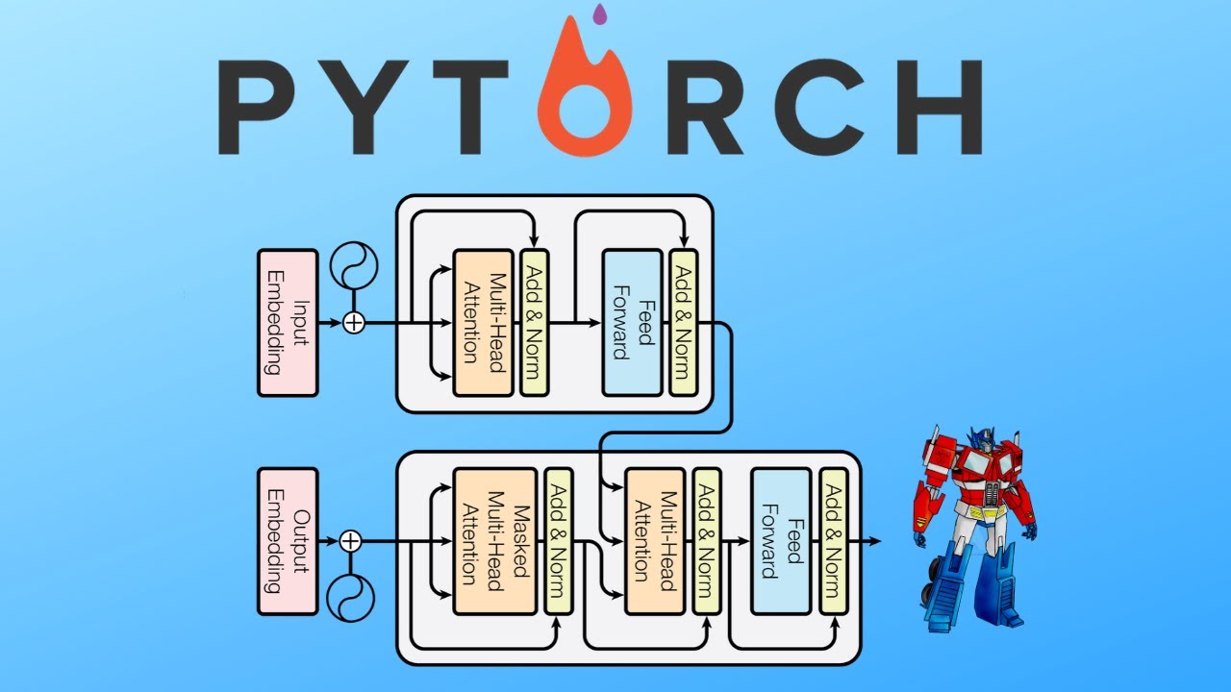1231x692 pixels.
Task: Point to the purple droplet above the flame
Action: [601, 13]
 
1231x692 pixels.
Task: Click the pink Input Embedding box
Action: [288, 322]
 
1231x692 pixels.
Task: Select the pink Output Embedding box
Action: [288, 541]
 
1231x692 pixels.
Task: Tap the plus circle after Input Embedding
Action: [354, 323]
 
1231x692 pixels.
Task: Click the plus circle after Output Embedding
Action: [351, 541]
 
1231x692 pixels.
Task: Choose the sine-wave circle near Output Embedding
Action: [351, 598]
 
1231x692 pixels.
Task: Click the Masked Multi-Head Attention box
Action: [494, 541]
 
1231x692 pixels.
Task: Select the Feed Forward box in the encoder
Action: [632, 322]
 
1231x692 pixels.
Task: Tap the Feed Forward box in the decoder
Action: [780, 541]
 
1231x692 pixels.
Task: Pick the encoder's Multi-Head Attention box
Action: [483, 322]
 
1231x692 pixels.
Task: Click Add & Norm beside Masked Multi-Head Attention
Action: [559, 541]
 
